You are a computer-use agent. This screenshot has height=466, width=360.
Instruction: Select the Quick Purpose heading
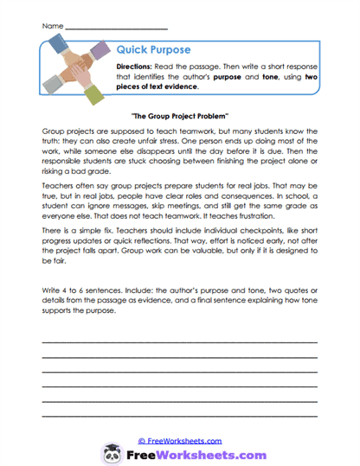tap(153, 49)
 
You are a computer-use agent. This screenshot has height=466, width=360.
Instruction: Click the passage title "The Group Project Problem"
tap(180, 114)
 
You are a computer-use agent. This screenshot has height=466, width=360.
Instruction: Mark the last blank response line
tap(179, 416)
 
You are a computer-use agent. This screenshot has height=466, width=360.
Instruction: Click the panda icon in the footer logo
tap(112, 453)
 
